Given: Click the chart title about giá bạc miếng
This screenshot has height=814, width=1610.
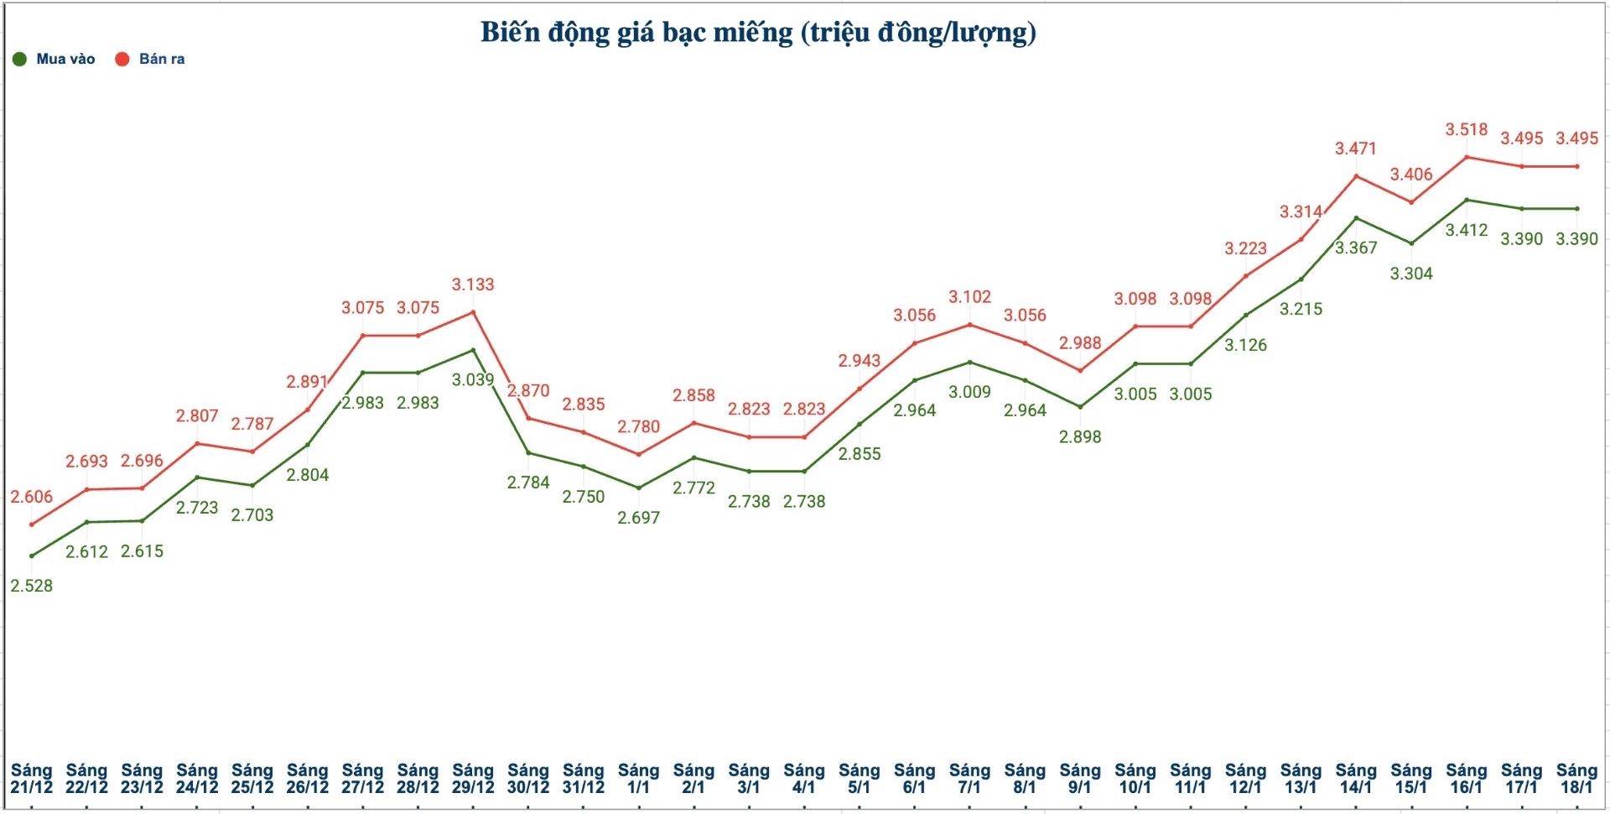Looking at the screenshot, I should (758, 33).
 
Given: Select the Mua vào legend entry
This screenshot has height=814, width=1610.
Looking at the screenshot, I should (55, 59).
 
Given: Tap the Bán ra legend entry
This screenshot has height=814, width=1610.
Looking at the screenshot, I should (151, 59).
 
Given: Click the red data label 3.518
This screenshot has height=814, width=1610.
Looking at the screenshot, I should (1466, 129).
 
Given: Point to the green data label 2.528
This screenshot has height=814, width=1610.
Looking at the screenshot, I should (32, 586).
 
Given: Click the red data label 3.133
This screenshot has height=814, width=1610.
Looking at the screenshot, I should (473, 284).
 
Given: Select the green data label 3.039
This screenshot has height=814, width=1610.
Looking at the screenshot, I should (473, 379).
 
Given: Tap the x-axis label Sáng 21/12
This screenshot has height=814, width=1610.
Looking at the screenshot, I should (32, 779).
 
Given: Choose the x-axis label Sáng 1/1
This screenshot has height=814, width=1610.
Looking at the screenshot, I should (638, 779).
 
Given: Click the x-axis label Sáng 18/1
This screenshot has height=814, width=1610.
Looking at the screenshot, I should (1576, 779).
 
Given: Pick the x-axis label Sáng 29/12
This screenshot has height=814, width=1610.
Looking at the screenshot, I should (473, 779).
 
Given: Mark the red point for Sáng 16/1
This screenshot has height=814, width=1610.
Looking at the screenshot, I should (1467, 157).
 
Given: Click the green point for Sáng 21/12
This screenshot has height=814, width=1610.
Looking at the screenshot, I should (32, 556).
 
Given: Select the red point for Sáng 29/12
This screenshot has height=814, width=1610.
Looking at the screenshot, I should (473, 312).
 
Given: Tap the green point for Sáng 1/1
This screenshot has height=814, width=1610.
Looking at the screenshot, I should (638, 488).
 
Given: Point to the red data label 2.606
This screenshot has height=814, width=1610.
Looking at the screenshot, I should (32, 497).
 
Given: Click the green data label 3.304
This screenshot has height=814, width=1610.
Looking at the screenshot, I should (1411, 274).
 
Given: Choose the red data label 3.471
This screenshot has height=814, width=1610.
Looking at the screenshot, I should (1356, 149).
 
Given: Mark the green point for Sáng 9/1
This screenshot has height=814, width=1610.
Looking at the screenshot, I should (1080, 407).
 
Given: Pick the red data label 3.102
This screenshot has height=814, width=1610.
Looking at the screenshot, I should (969, 297).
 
